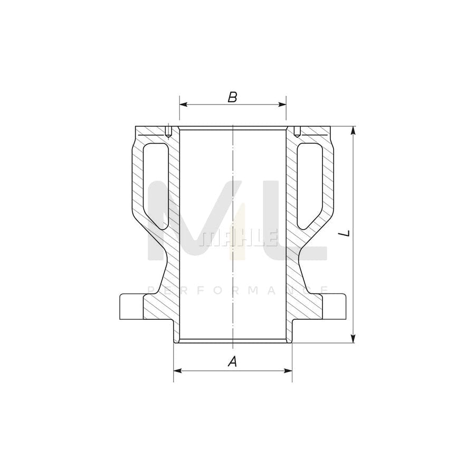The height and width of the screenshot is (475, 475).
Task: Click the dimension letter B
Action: pyautogui.click(x=233, y=97)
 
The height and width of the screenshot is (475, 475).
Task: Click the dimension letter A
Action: pyautogui.click(x=232, y=362)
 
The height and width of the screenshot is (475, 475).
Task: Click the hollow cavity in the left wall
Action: pyautogui.click(x=154, y=182)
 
